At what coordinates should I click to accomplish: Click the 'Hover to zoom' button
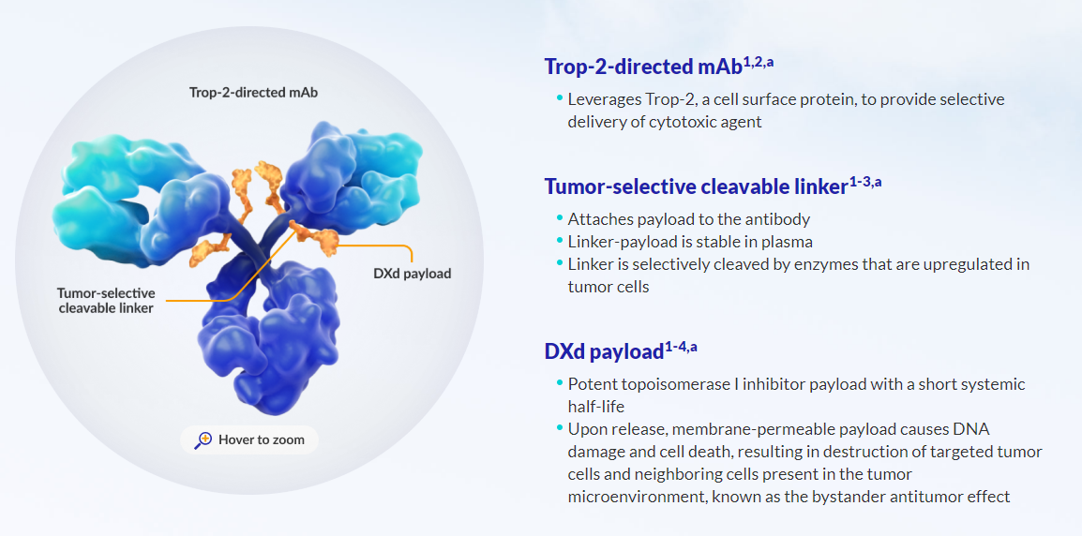click(x=248, y=439)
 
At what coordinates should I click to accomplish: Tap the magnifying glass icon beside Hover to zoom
click(x=203, y=439)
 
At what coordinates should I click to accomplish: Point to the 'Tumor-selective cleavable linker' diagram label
click(x=106, y=301)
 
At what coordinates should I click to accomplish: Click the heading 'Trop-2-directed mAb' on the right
click(x=643, y=67)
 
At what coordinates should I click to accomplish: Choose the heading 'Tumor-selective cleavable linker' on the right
click(x=696, y=186)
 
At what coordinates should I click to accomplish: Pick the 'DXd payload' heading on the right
click(x=604, y=352)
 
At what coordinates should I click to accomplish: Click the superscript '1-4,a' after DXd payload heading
click(x=682, y=348)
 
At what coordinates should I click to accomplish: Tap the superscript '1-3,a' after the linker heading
click(x=865, y=182)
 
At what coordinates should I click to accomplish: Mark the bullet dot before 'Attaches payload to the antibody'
click(x=559, y=217)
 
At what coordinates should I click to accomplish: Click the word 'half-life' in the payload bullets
click(x=596, y=407)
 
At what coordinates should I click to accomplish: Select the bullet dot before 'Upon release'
click(x=559, y=428)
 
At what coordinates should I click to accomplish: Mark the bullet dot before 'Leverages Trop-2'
click(x=559, y=97)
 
